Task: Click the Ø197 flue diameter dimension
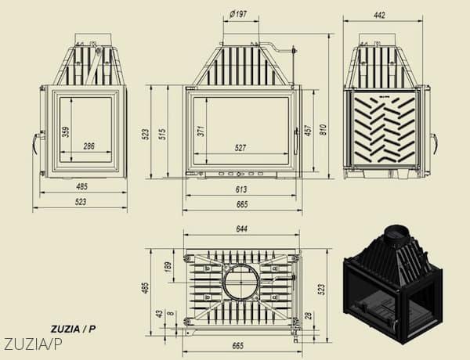tap(239, 14)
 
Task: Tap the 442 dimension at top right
tap(379, 15)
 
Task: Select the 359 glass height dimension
tap(65, 132)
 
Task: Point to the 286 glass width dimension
tap(89, 146)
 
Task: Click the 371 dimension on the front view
tap(201, 131)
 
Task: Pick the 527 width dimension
tap(240, 148)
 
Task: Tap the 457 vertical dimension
tap(308, 131)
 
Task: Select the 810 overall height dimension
tap(323, 129)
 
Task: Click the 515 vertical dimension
tap(162, 135)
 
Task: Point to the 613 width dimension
tap(241, 189)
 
